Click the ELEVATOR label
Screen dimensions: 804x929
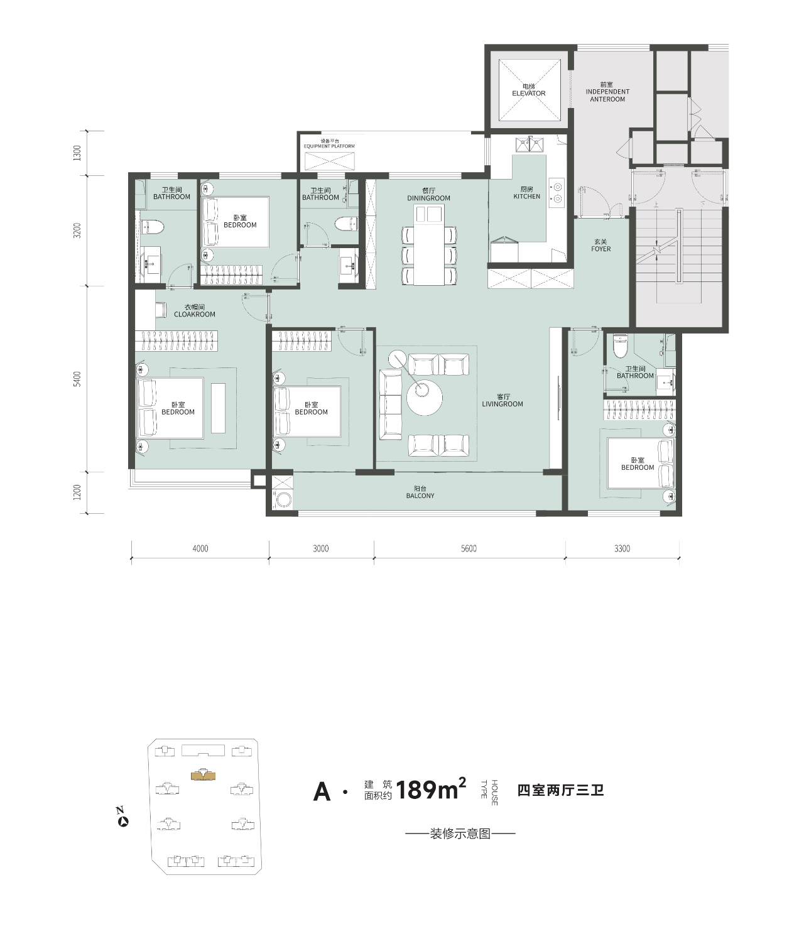pyautogui.click(x=528, y=94)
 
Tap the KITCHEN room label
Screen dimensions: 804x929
pyautogui.click(x=527, y=197)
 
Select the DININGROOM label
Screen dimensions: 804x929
pyautogui.click(x=429, y=198)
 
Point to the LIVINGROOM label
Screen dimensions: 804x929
pyautogui.click(x=503, y=404)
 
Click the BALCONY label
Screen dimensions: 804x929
pyautogui.click(x=420, y=496)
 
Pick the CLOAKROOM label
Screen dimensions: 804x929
pyautogui.click(x=195, y=315)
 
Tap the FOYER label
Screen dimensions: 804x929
pyautogui.click(x=601, y=249)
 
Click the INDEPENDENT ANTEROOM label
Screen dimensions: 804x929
pyautogui.click(x=607, y=95)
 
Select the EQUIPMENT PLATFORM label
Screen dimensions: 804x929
pyautogui.click(x=329, y=146)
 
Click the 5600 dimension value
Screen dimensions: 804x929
pyautogui.click(x=469, y=548)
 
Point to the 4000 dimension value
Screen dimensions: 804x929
pyautogui.click(x=200, y=548)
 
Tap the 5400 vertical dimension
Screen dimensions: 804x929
pyautogui.click(x=78, y=379)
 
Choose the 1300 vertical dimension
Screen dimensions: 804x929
pyautogui.click(x=78, y=153)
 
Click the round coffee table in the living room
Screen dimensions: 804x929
pyautogui.click(x=424, y=398)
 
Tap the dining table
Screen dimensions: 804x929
pyautogui.click(x=430, y=244)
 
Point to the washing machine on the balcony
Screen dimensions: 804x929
pyautogui.click(x=283, y=501)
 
